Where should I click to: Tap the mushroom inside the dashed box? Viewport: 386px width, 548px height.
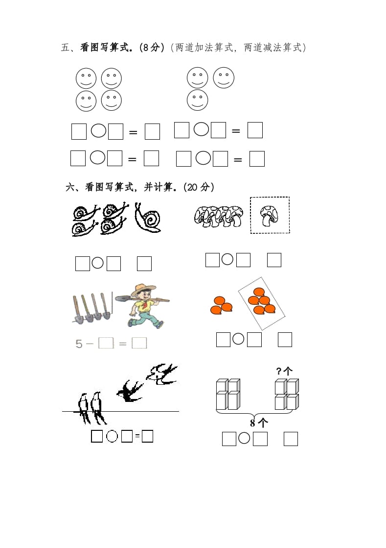[x=270, y=216]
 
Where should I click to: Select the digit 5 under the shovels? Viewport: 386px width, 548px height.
[x=79, y=344]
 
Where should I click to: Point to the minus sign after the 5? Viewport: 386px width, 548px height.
[x=90, y=344]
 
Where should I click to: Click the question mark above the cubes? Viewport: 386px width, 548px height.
[x=279, y=371]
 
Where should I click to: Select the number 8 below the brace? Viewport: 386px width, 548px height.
[x=253, y=423]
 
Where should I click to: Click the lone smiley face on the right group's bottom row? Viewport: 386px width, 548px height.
[x=197, y=100]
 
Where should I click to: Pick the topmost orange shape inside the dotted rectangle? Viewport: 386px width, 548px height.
[x=259, y=292]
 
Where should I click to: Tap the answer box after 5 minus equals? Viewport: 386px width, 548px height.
[x=139, y=343]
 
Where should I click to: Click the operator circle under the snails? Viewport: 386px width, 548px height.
[x=98, y=263]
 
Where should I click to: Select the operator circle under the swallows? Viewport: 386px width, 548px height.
[x=112, y=436]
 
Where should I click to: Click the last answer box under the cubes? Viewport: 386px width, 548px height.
[x=291, y=439]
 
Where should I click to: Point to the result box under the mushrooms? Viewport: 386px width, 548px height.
[x=274, y=260]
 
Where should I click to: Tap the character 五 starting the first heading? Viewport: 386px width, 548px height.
[x=66, y=48]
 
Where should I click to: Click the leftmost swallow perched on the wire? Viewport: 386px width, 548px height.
[x=83, y=407]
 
